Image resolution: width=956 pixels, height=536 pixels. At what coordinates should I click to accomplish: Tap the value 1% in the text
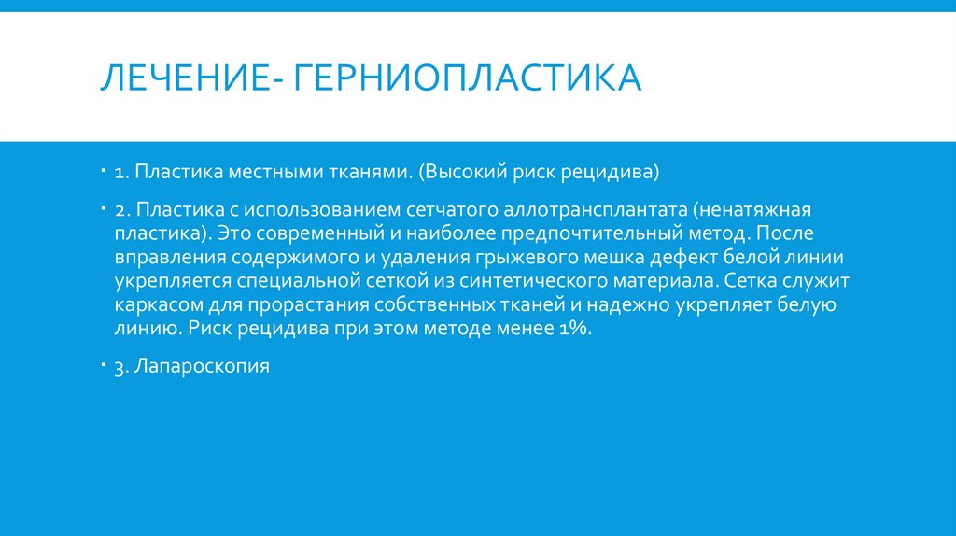click(x=573, y=330)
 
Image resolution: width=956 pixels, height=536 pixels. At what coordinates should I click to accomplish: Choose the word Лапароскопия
click(x=202, y=367)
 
